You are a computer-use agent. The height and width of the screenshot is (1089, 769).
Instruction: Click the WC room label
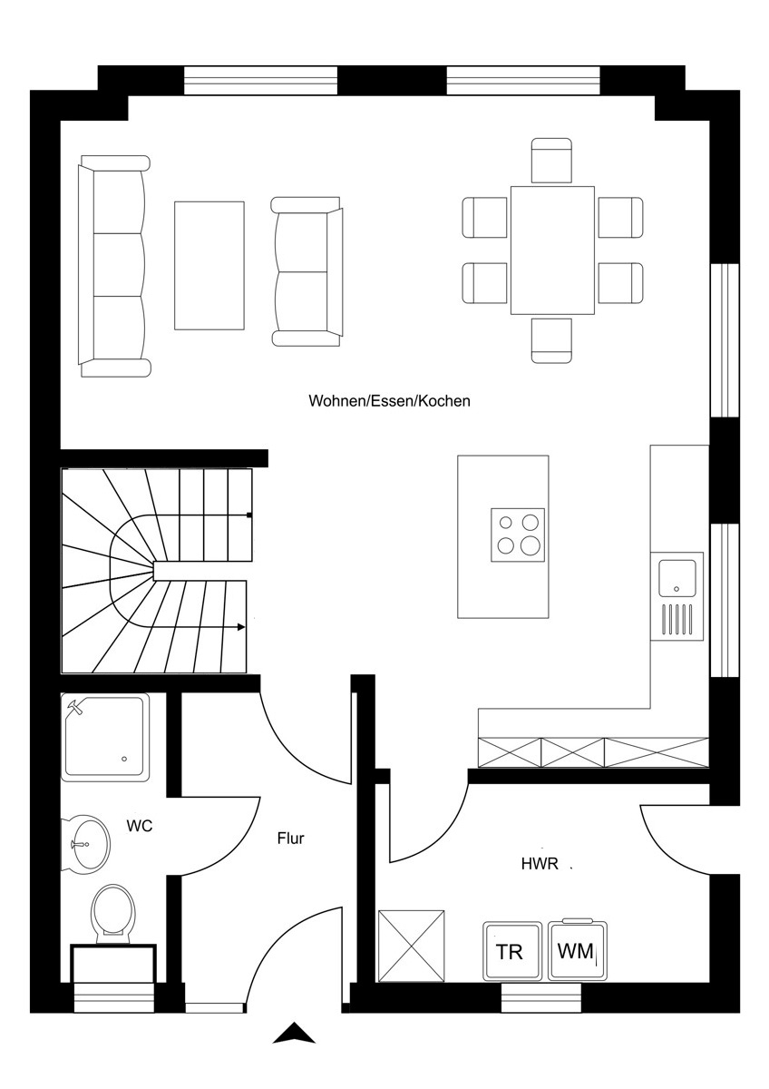point(140,826)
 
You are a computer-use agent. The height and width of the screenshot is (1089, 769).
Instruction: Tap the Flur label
point(290,839)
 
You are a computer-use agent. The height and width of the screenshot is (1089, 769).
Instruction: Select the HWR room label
point(540,864)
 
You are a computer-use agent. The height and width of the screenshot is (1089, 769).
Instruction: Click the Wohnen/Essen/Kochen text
point(390,401)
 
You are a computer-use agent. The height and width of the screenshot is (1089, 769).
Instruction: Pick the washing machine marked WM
point(578,950)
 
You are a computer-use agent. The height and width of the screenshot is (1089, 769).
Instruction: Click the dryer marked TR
point(512,951)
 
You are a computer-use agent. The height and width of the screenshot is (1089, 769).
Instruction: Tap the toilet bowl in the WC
point(113,911)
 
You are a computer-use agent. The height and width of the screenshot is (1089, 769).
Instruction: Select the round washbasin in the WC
point(85,845)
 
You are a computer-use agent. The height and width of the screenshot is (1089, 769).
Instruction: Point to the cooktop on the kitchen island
point(518,535)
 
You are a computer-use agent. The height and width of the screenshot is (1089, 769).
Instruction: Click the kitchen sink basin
point(677,577)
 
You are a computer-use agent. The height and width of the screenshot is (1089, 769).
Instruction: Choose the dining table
point(552,250)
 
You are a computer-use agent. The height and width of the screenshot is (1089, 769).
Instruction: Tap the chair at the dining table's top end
point(551,161)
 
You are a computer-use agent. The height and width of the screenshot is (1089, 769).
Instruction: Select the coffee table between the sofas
point(209,266)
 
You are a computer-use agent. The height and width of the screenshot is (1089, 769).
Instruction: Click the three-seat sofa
point(114,267)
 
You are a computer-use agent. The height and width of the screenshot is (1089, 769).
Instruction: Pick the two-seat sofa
point(307,271)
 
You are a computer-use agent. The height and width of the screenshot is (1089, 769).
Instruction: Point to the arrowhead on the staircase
point(241,627)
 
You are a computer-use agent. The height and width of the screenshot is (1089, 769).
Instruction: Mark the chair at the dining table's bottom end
point(551,341)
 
